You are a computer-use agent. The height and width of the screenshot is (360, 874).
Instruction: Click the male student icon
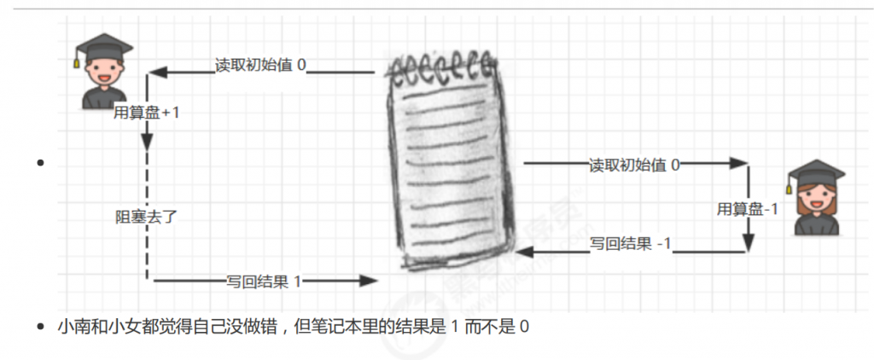(103, 71)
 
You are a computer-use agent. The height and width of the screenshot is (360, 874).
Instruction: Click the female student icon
(816, 197)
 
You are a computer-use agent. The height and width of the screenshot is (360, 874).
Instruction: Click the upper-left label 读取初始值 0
(261, 65)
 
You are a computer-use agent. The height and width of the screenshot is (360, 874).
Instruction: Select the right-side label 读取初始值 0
(635, 165)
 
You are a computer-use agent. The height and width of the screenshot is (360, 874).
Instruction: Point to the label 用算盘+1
(147, 112)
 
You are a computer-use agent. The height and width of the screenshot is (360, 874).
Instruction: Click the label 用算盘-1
(747, 209)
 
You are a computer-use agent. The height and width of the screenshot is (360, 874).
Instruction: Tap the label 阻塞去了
(146, 217)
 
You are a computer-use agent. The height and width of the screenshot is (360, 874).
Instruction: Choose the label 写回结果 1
(264, 282)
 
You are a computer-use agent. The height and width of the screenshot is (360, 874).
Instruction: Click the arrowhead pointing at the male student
(158, 73)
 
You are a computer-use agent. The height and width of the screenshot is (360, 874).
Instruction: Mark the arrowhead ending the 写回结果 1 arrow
(369, 281)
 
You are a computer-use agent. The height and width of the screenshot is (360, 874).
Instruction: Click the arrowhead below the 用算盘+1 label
(147, 142)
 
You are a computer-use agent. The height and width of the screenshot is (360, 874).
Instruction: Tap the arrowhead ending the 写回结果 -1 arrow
(524, 253)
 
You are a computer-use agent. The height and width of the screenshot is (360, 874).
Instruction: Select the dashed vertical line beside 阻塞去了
(147, 215)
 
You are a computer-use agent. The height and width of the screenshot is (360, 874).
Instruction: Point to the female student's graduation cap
(816, 175)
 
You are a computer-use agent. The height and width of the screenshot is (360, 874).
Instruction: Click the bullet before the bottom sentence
(39, 327)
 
